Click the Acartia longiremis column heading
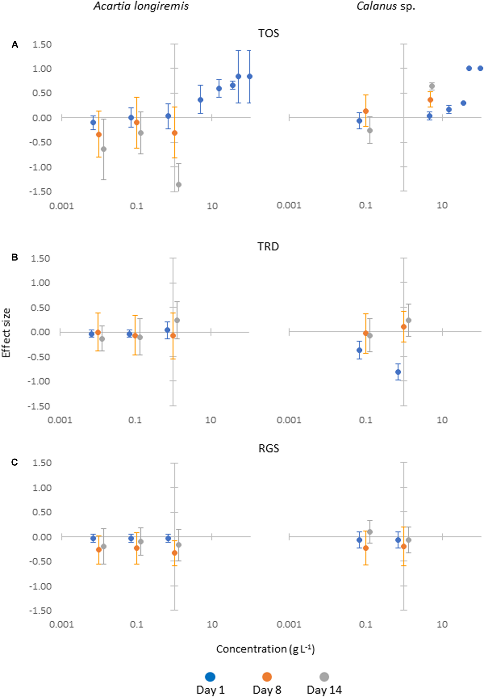point(141,6)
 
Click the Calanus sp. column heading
point(385,6)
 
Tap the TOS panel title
point(268,33)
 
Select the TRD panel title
point(268,246)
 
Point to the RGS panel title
point(268,448)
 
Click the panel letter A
point(14,45)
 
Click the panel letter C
point(14,462)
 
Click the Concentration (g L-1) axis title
point(265,649)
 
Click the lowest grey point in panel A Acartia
point(179,185)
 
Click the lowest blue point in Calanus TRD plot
point(398,372)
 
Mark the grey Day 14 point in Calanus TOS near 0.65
point(432,86)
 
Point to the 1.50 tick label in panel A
point(41,45)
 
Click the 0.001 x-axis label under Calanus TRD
point(289,420)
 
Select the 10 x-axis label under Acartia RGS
point(212,625)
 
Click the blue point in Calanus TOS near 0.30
point(463,103)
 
